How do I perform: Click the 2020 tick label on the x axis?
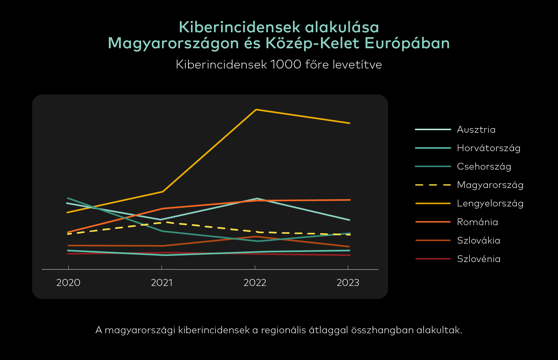pos(68,282)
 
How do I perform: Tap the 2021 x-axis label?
pos(162,282)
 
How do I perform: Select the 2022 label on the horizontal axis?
pos(255,282)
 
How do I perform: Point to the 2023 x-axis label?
pos(348,282)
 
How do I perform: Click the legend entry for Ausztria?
pos(476,130)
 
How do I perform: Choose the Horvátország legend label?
pos(489,148)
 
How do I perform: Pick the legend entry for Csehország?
pos(484,166)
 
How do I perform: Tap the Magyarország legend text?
pos(490,185)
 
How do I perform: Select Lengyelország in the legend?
pos(490,203)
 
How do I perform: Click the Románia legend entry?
pos(477,222)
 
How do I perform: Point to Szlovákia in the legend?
pos(478,240)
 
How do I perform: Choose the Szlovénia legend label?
pos(479,259)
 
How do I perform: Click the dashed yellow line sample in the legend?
pos(433,185)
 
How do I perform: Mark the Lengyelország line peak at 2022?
pos(256,110)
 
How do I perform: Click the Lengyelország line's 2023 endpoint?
pos(350,123)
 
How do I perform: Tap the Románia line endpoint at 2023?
pos(350,200)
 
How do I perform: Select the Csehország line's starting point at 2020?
pos(68,198)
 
